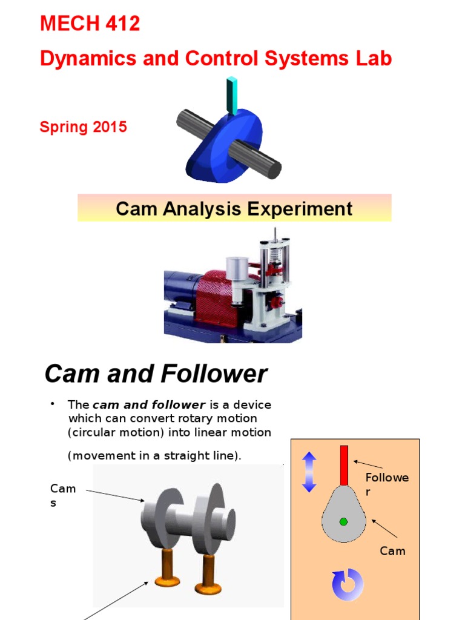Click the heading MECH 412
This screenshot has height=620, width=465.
tap(90, 24)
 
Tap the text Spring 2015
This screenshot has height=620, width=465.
tap(83, 127)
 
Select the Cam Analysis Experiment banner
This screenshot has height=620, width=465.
tap(234, 209)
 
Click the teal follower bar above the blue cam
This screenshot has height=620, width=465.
tap(231, 94)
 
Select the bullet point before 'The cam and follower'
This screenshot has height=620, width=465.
tap(53, 403)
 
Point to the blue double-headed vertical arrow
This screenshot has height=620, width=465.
tap(309, 472)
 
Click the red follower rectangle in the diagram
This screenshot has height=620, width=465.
tap(344, 465)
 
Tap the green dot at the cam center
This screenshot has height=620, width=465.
tap(343, 521)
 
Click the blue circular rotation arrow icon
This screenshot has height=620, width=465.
tap(348, 585)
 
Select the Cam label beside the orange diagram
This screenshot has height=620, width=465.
tap(392, 551)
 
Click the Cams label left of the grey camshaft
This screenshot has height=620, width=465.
tap(62, 495)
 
